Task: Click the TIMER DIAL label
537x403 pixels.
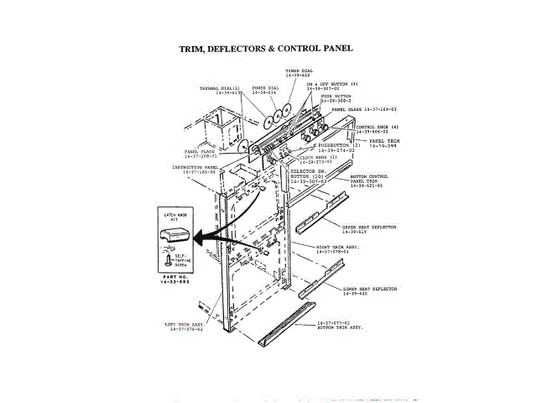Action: click(299, 72)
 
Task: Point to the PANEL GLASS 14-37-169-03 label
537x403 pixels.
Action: click(364, 109)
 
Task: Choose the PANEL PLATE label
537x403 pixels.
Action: click(201, 154)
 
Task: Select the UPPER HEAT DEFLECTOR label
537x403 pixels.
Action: click(368, 228)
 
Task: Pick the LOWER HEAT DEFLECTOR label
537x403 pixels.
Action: click(370, 290)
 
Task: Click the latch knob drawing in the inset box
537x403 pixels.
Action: click(172, 235)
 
